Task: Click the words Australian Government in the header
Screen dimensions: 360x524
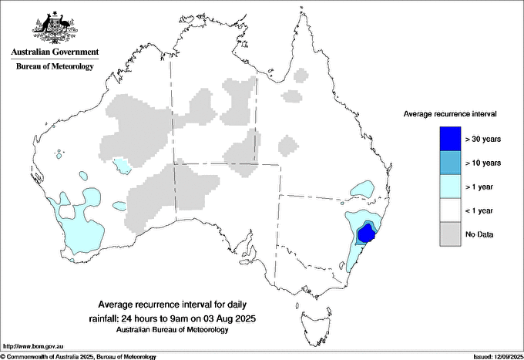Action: point(55,52)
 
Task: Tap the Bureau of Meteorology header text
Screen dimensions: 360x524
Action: point(55,66)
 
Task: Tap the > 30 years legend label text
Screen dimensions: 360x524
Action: point(483,140)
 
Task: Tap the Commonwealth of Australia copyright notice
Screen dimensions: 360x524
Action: point(79,356)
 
